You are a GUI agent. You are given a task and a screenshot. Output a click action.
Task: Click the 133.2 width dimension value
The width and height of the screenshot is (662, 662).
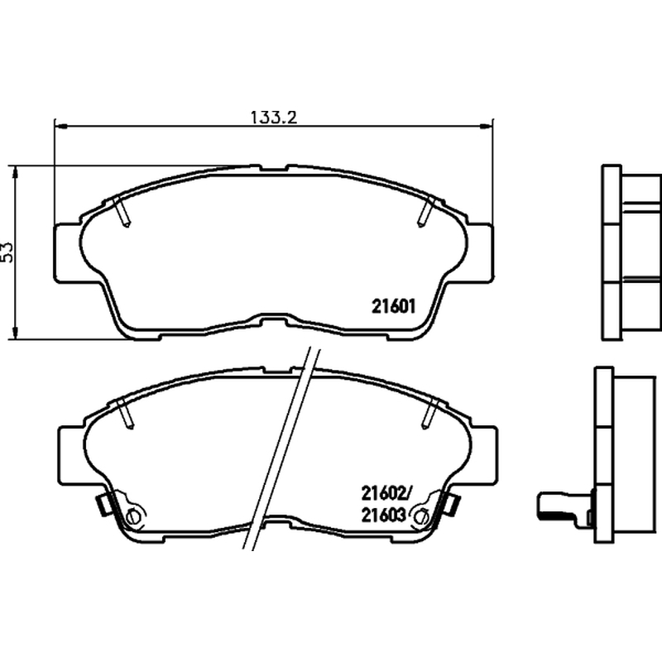pyautogui.click(x=274, y=117)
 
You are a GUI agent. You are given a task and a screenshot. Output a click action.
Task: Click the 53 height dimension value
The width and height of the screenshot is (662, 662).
pyautogui.click(x=7, y=252)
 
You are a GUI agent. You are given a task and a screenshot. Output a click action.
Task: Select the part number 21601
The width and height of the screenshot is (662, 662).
pyautogui.click(x=394, y=306)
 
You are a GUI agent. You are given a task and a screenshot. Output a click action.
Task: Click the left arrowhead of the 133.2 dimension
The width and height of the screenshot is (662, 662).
pyautogui.click(x=60, y=126)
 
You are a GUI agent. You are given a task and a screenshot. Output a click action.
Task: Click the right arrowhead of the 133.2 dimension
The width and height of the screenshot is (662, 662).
pyautogui.click(x=487, y=126)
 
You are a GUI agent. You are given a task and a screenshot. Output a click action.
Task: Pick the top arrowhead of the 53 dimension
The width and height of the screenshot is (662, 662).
pyautogui.click(x=16, y=171)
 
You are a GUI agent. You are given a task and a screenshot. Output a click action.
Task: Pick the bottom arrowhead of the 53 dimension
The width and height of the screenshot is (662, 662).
pyautogui.click(x=16, y=333)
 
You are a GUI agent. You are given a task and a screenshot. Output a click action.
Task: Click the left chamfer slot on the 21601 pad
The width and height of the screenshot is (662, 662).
pyautogui.click(x=122, y=212)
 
